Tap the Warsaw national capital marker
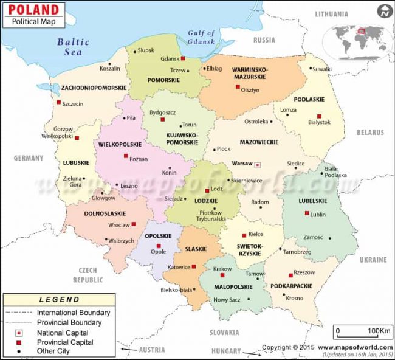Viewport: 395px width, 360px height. (x=257, y=164)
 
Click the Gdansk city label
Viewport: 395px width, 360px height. (x=170, y=58)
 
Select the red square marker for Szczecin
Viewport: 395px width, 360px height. (x=59, y=102)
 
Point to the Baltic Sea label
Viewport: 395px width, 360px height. (x=73, y=47)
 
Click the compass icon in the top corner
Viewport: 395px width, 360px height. (x=384, y=12)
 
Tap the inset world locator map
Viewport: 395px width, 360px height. (x=359, y=38)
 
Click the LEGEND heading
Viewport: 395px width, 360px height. (x=59, y=299)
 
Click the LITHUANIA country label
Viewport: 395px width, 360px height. (x=332, y=14)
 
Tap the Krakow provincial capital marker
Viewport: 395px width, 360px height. (x=223, y=276)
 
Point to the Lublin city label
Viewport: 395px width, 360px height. (x=318, y=215)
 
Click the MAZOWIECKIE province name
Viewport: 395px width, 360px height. (x=258, y=142)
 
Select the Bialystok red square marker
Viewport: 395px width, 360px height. (x=318, y=116)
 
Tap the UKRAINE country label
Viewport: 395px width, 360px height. (x=373, y=260)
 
